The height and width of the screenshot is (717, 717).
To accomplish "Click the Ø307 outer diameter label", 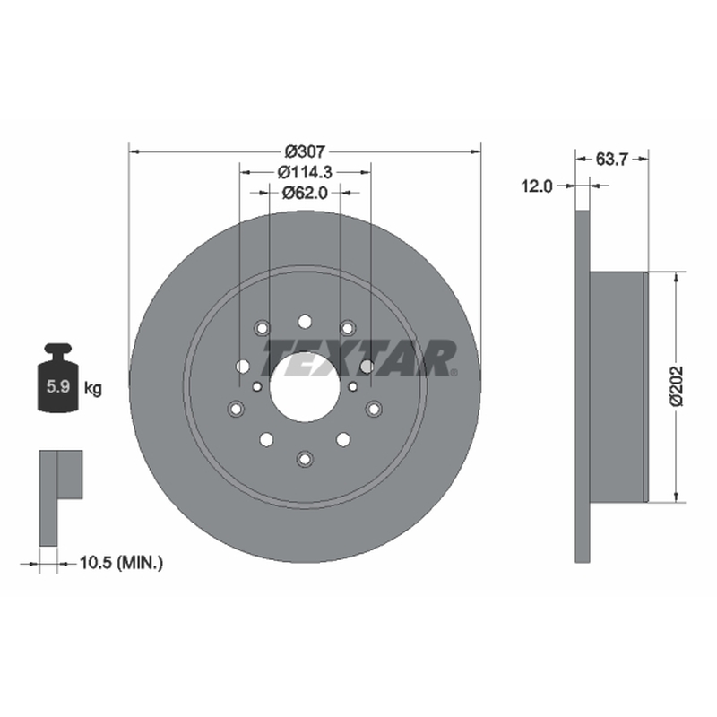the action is (x=305, y=151).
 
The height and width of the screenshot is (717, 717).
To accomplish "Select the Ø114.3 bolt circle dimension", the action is (x=305, y=172).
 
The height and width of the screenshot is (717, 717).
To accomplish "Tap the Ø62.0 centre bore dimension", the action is (x=305, y=193).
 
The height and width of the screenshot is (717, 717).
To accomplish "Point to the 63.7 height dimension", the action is (x=612, y=160).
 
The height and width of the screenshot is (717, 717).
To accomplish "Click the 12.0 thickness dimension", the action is (x=537, y=186).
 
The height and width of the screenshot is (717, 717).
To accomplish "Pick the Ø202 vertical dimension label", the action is (x=677, y=386).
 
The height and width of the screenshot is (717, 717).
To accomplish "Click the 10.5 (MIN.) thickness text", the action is (x=121, y=563).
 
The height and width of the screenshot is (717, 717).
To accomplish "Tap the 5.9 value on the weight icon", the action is (x=58, y=386).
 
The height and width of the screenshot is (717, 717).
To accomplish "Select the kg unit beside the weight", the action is (x=93, y=389).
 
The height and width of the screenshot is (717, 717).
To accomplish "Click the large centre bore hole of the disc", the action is (x=305, y=387).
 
